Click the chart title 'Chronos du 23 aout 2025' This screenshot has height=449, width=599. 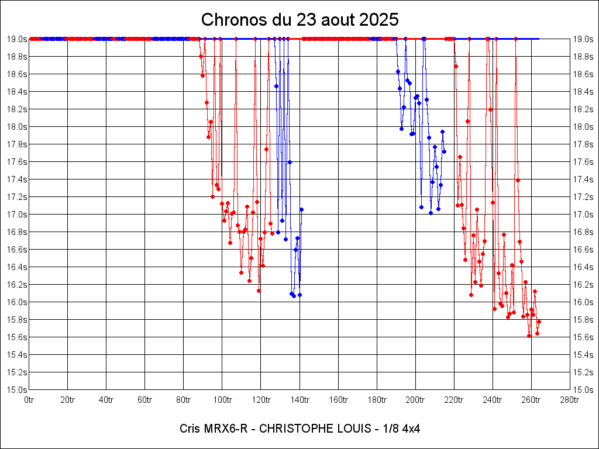[299, 20]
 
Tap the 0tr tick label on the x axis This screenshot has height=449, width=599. [29, 400]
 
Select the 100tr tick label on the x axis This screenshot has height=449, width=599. [222, 400]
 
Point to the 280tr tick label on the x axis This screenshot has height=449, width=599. [570, 400]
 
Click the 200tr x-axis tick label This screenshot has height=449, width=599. [415, 400]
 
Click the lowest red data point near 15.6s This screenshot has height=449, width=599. [529, 336]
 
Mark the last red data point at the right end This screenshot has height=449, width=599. [539, 322]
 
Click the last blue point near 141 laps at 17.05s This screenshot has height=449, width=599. [301, 209]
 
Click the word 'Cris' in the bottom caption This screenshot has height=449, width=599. [191, 429]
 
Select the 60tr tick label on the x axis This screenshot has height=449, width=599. [145, 400]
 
